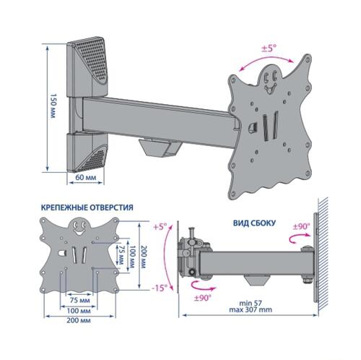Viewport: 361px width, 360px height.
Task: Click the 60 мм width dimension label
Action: pyautogui.click(x=86, y=178)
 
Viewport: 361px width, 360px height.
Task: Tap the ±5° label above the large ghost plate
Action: pyautogui.click(x=269, y=48)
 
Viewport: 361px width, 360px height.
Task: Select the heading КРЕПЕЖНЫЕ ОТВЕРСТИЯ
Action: pyautogui.click(x=87, y=207)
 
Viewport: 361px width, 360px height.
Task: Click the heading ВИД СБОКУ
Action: pyautogui.click(x=254, y=223)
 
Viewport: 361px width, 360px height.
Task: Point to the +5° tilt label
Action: pyautogui.click(x=160, y=226)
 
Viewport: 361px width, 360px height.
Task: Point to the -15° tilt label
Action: pyautogui.click(x=160, y=288)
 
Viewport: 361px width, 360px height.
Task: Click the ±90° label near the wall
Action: pyautogui.click(x=302, y=226)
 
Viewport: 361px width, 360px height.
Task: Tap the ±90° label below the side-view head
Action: pyautogui.click(x=203, y=298)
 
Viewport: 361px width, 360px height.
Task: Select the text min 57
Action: pyautogui.click(x=251, y=303)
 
